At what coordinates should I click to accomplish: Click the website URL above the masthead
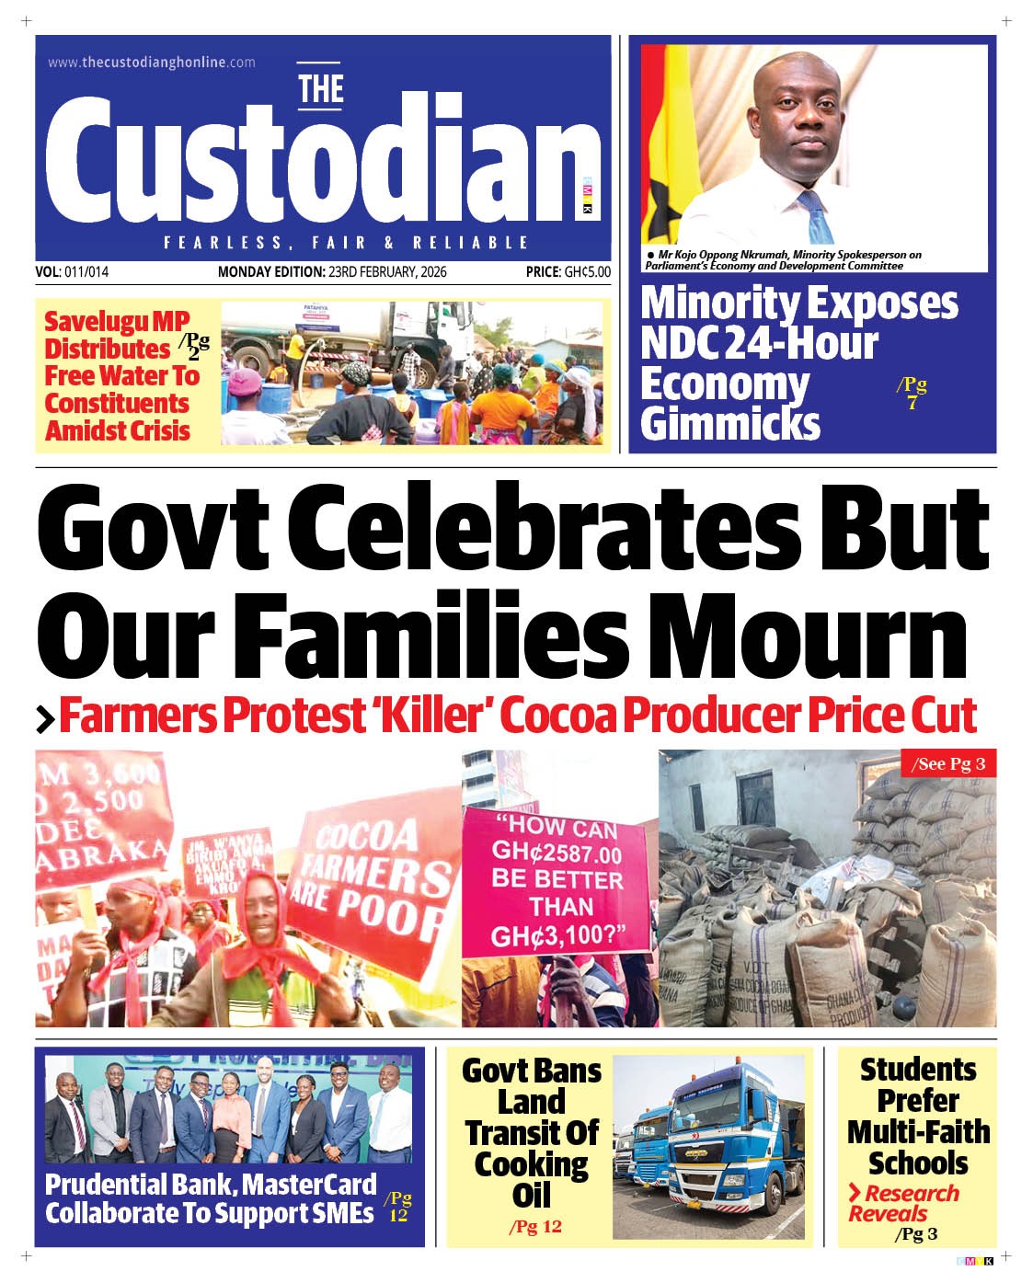click(x=152, y=63)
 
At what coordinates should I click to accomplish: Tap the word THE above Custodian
click(x=321, y=90)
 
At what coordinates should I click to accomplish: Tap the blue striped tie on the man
click(x=815, y=217)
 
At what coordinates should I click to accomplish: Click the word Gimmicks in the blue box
click(x=729, y=424)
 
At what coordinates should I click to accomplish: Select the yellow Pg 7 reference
click(x=912, y=393)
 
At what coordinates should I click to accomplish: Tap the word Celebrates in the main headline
click(x=548, y=529)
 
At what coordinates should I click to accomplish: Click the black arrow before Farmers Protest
click(x=45, y=719)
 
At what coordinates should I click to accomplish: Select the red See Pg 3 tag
click(x=947, y=764)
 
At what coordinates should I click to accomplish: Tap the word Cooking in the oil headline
click(x=531, y=1164)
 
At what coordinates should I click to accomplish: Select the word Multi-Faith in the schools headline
click(x=918, y=1131)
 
